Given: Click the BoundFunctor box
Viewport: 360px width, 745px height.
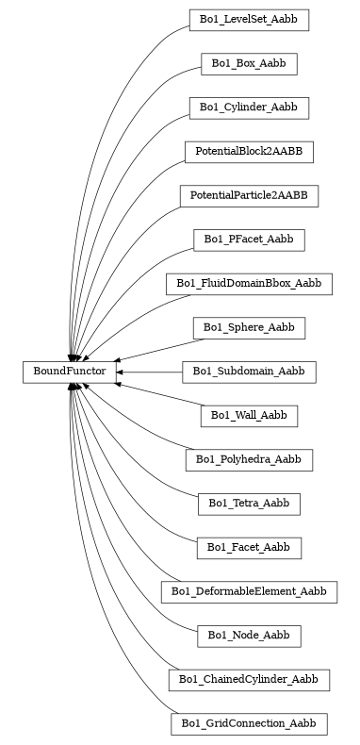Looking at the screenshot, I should [69, 372].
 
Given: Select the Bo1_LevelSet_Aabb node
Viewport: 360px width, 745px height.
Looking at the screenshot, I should [249, 19].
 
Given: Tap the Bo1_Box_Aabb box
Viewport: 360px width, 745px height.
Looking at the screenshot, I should [249, 63].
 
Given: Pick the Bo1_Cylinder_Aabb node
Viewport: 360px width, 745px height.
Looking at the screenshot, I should [249, 108].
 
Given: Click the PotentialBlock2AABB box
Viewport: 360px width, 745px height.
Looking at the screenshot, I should [249, 151].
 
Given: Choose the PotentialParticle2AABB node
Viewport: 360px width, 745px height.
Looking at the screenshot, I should [249, 195].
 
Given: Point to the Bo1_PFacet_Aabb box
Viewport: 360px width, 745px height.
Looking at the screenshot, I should [249, 240].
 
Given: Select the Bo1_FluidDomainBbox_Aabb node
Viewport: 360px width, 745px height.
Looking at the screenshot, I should [249, 283].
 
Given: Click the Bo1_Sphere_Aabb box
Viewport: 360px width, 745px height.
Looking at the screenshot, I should [249, 327].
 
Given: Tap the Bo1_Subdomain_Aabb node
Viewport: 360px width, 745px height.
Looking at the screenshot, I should [249, 372].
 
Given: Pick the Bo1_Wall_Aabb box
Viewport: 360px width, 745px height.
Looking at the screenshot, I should [249, 415].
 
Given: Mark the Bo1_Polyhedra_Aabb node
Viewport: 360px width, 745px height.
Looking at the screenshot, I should [249, 459].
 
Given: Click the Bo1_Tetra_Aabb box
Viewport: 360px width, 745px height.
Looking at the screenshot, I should [249, 504].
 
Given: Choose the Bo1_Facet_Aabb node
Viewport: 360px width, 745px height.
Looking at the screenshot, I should [249, 547].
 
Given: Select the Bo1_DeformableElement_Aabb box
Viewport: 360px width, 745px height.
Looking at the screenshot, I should [249, 591].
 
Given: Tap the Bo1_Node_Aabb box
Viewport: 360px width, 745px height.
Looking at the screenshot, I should [249, 636].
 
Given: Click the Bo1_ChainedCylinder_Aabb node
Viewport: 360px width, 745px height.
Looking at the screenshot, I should [249, 679].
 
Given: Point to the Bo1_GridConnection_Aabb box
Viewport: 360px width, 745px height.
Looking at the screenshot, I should [249, 723].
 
